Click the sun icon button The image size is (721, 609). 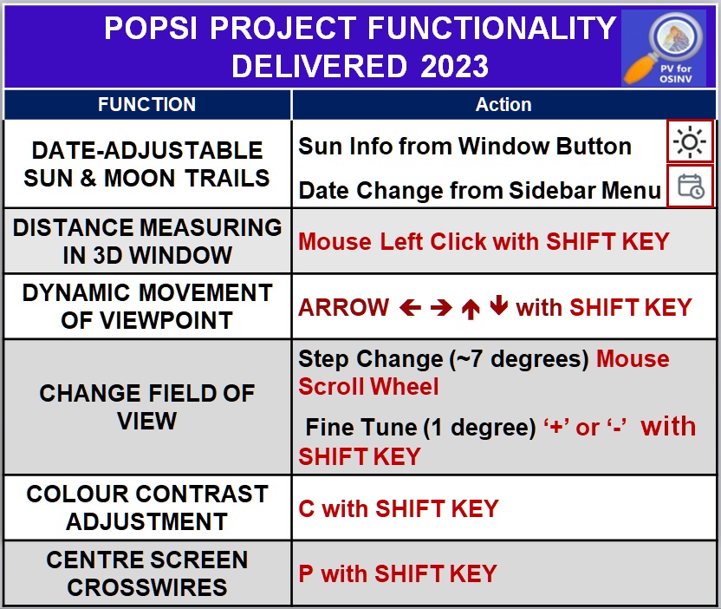690,141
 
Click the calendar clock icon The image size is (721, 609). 690,187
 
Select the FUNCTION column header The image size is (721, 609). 147,105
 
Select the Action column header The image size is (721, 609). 503,105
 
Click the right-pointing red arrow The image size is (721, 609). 441,308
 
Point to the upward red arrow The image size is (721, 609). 471,309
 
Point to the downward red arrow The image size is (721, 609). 498,308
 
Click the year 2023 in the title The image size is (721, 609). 455,66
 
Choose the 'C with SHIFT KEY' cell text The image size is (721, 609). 399,508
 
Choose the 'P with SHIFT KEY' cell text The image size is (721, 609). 398,573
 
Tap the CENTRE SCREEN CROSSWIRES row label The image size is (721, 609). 147,573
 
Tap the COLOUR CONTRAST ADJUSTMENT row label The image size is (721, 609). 147,507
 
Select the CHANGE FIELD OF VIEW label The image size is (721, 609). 147,407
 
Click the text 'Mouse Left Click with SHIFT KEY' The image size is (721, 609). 484,241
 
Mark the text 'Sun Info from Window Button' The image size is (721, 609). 464,147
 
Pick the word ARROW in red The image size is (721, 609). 344,308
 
